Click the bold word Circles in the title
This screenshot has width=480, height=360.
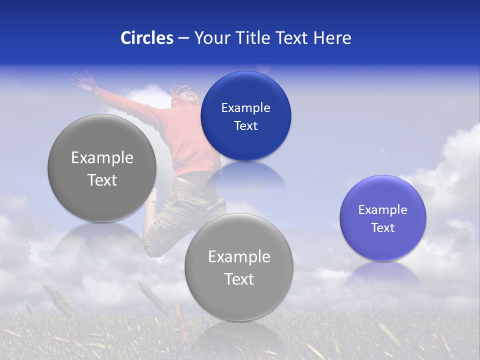click(147, 38)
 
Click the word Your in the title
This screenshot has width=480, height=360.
click(210, 38)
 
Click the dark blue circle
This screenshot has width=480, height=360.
click(245, 116)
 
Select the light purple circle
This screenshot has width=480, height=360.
click(383, 218)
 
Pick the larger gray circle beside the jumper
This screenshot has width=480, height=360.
click(102, 168)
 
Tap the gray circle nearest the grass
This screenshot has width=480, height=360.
click(239, 267)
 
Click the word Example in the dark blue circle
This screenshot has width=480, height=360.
click(245, 107)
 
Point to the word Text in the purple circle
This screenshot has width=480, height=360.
click(383, 228)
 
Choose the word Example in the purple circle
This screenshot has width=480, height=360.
click(383, 210)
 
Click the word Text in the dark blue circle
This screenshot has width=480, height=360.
click(245, 126)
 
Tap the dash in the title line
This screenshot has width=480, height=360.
click(183, 38)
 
